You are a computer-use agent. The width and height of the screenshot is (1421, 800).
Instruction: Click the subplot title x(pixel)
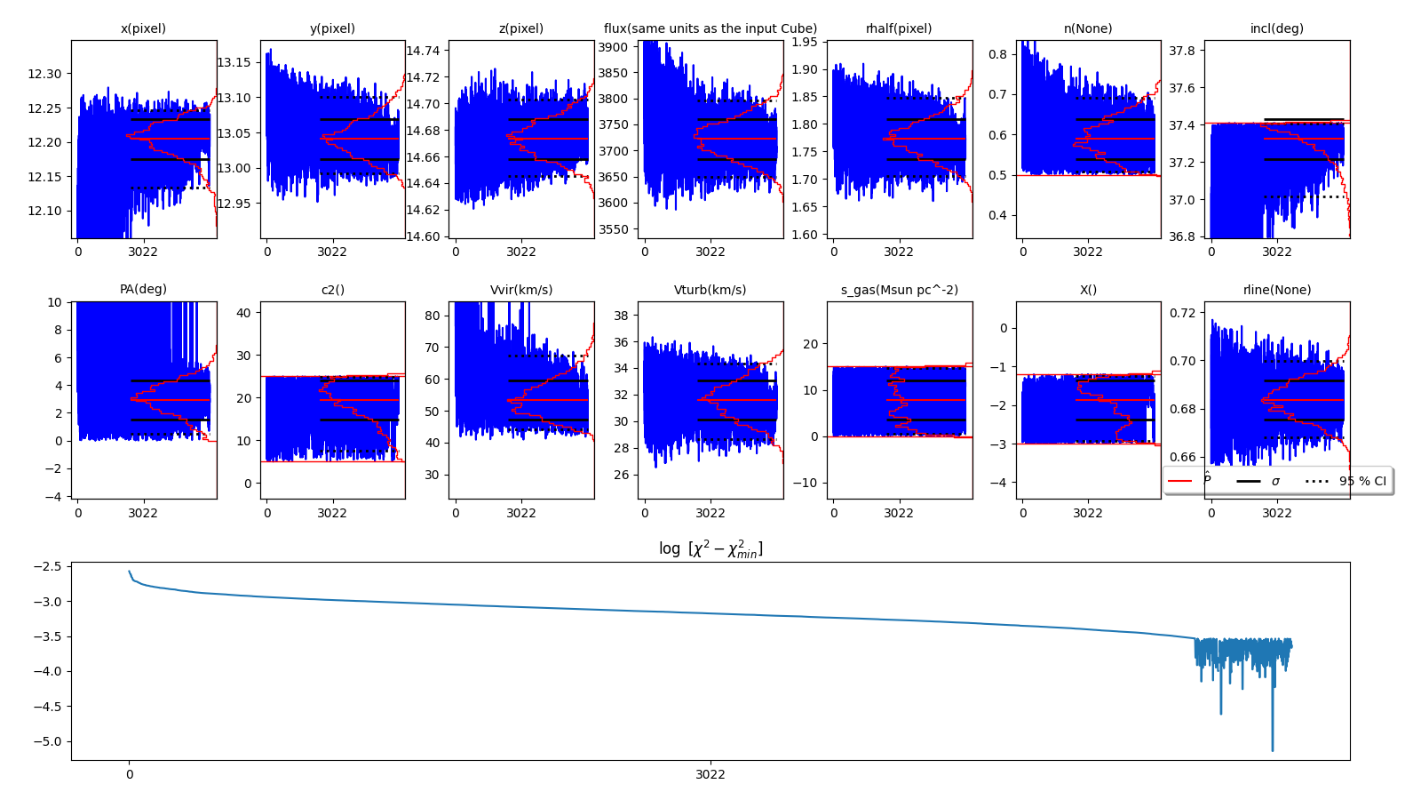click(x=143, y=28)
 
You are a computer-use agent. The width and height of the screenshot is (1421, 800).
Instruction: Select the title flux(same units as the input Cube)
click(x=710, y=28)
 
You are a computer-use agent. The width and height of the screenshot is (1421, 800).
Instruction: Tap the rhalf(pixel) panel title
click(x=899, y=28)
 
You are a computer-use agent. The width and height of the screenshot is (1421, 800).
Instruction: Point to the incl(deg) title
click(x=1277, y=28)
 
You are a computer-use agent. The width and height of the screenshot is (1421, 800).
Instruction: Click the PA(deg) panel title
click(x=143, y=290)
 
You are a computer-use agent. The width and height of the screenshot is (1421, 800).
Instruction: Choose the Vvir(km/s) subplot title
click(x=521, y=290)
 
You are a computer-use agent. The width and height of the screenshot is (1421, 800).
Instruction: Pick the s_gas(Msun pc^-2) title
click(x=899, y=290)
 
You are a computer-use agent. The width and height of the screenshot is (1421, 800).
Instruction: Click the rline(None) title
click(x=1277, y=290)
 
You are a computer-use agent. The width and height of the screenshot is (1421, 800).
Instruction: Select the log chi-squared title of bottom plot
click(x=710, y=548)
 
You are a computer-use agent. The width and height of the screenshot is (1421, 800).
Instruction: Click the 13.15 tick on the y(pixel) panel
click(x=234, y=62)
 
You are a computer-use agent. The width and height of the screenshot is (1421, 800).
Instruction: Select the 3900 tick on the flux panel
click(x=613, y=47)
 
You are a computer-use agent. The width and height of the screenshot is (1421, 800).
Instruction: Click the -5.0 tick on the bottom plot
click(x=46, y=741)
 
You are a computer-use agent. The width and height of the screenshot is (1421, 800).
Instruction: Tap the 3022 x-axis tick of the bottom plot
click(x=710, y=774)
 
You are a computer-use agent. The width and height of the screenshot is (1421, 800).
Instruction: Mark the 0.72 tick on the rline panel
click(x=1182, y=313)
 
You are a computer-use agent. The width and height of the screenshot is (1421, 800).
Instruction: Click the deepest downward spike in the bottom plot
click(x=1272, y=749)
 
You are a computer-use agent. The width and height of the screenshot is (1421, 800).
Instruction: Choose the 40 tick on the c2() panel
click(x=243, y=313)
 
